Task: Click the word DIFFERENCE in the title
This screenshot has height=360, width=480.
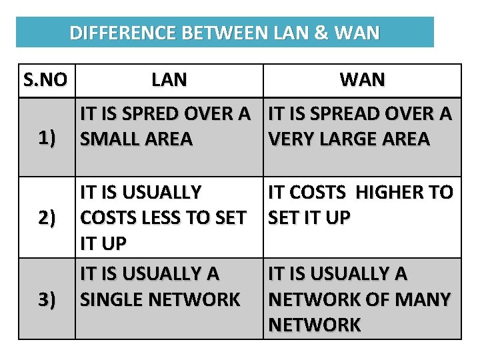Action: click(x=111, y=33)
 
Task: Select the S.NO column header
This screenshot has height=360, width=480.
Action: click(x=45, y=81)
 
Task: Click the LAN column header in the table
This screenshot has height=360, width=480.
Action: click(x=169, y=81)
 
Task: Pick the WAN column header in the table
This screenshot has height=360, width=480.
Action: click(x=362, y=81)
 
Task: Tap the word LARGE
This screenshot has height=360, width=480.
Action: click(x=345, y=139)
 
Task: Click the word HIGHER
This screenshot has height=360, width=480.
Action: click(x=392, y=193)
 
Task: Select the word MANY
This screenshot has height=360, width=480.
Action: click(x=425, y=299)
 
